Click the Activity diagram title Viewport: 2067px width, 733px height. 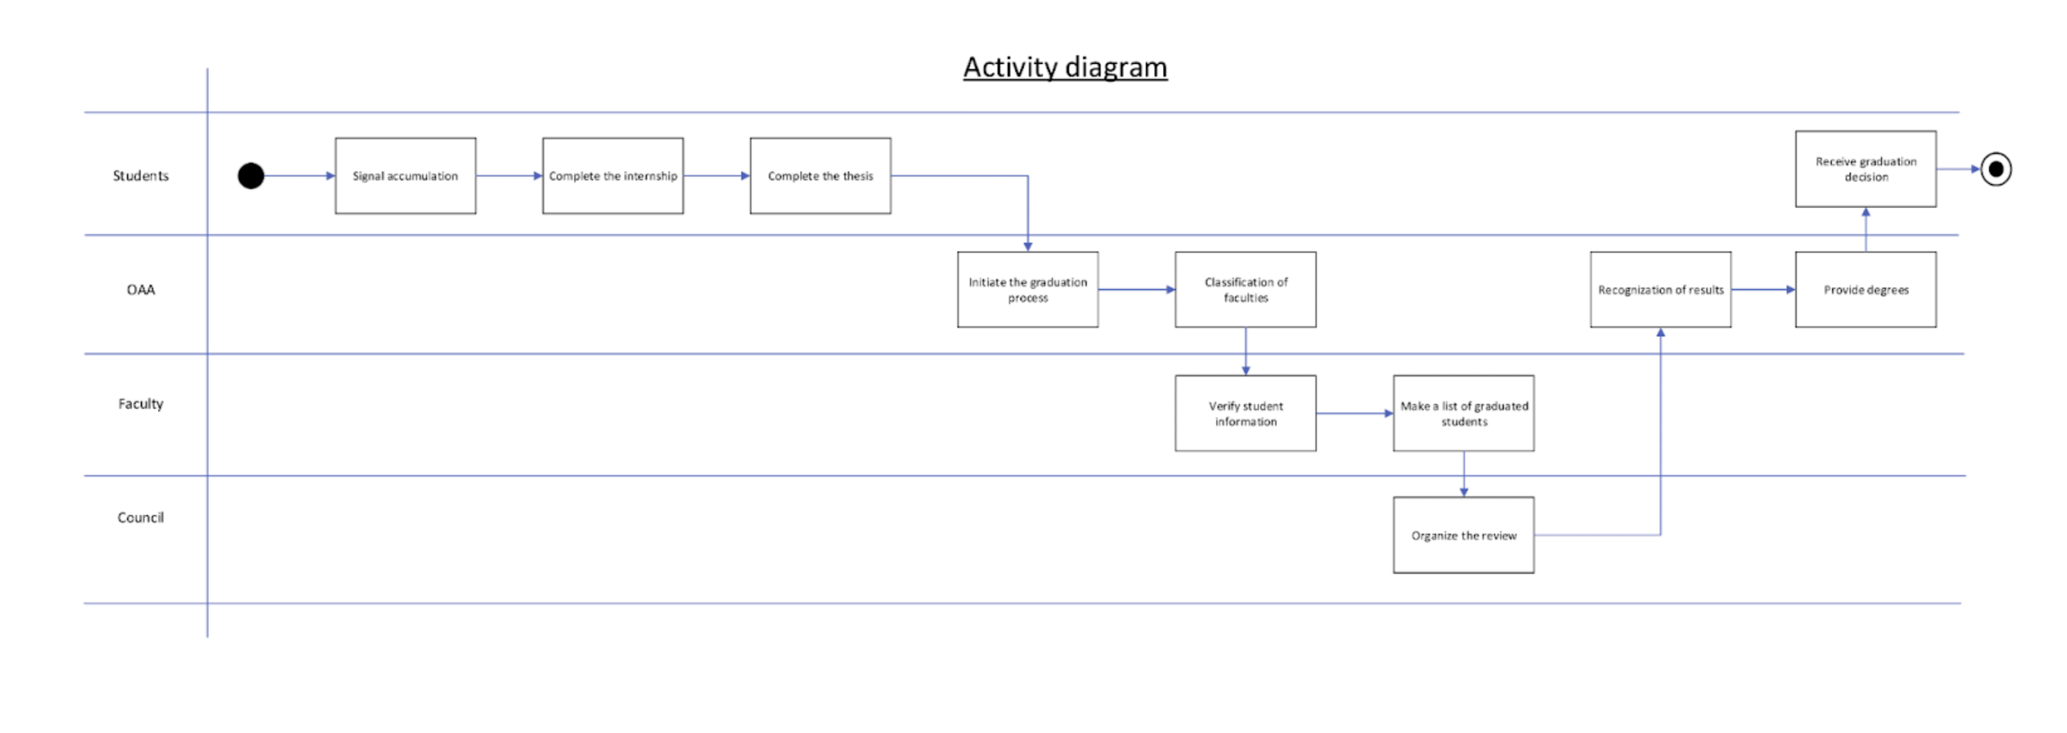[1065, 68]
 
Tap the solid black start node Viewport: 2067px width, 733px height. [251, 175]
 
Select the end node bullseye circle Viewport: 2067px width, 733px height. [1996, 169]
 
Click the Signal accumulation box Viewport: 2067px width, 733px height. [405, 175]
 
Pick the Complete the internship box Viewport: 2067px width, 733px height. [613, 175]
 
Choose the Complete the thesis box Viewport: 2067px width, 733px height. [820, 175]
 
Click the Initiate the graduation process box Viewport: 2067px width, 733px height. [1028, 290]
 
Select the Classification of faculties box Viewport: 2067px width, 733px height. [1246, 290]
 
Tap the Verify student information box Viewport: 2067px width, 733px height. [1246, 413]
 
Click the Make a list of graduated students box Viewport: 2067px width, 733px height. [1464, 413]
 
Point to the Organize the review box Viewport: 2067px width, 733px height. [1464, 535]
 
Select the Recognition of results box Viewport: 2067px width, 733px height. [1660, 290]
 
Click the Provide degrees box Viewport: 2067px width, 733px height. [1866, 290]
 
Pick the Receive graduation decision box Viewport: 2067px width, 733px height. [1866, 169]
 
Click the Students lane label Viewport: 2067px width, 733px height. [140, 175]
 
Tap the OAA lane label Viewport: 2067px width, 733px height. [140, 290]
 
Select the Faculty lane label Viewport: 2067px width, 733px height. [140, 404]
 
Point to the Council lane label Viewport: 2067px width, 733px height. [140, 518]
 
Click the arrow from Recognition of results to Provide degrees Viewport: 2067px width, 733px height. [1763, 290]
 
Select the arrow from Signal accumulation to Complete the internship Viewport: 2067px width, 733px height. [509, 175]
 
